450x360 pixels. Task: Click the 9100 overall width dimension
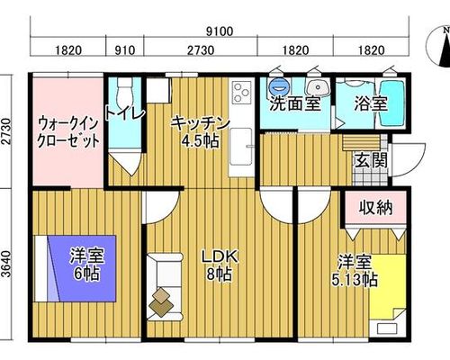(220, 31)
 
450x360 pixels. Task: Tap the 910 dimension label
(125, 50)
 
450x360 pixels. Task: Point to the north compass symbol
(438, 46)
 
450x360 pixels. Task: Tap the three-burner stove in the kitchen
(242, 92)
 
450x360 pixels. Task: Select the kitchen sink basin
(241, 147)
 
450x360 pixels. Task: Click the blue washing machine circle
(280, 86)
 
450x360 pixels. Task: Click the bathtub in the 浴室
(391, 103)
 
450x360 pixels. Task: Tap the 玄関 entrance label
(371, 160)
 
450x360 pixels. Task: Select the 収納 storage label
(376, 208)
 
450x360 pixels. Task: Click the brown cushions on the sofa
(161, 302)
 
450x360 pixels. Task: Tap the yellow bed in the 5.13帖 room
(388, 295)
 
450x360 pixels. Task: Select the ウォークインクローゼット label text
(68, 132)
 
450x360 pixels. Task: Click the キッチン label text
(200, 124)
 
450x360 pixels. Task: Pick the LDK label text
(220, 256)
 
